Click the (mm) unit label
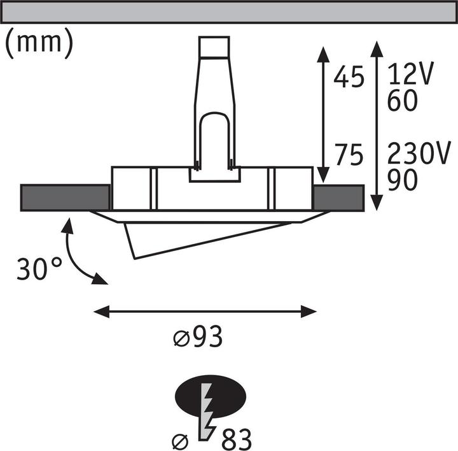tap(39, 42)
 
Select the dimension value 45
tap(349, 78)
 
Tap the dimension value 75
tap(349, 155)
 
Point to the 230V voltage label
tap(420, 155)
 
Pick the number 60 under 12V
tap(401, 101)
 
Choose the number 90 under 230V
tap(401, 180)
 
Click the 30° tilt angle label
tap(40, 269)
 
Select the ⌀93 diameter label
tap(198, 338)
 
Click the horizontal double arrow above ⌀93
tap(205, 311)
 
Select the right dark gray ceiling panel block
tap(338, 197)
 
